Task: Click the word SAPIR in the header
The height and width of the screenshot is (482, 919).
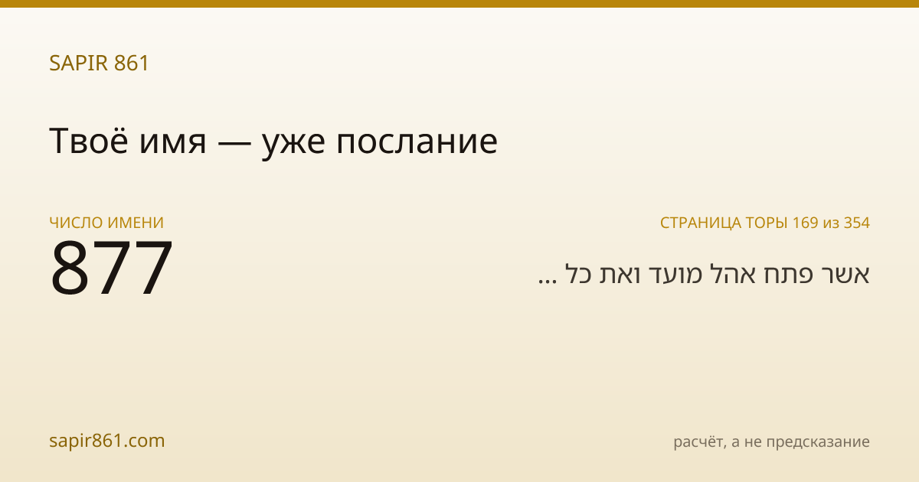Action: pos(79,63)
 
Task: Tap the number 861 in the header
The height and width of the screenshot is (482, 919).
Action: pos(131,63)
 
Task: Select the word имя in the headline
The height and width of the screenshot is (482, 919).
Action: pos(172,145)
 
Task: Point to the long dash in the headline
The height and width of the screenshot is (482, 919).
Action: pos(234,142)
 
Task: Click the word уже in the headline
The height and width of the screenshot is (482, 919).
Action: pos(294,146)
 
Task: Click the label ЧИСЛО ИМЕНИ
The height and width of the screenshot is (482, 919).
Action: pos(106,223)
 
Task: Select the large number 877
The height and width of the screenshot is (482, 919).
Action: pos(111,267)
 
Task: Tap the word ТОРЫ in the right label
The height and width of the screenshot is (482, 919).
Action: pos(767,223)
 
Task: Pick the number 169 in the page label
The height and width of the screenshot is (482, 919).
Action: pos(806,223)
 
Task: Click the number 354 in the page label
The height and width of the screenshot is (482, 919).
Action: pos(857,223)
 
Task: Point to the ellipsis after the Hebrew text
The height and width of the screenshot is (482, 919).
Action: pos(548,282)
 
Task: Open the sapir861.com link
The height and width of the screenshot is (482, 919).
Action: pos(107,441)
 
